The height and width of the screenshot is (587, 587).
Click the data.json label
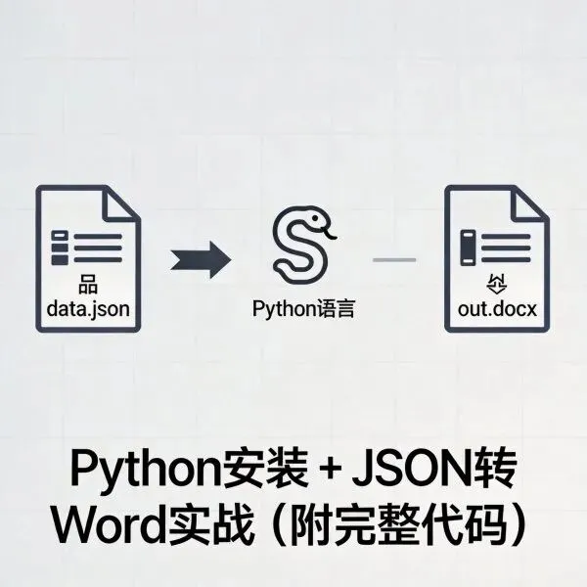[x=88, y=311]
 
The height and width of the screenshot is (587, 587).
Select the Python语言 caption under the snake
[x=302, y=311]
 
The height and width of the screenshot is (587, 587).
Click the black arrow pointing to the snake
[x=201, y=261]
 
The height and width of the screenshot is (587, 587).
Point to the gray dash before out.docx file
[x=395, y=260]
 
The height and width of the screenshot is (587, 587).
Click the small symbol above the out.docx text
[x=497, y=288]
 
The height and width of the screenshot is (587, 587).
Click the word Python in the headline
[x=133, y=469]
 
